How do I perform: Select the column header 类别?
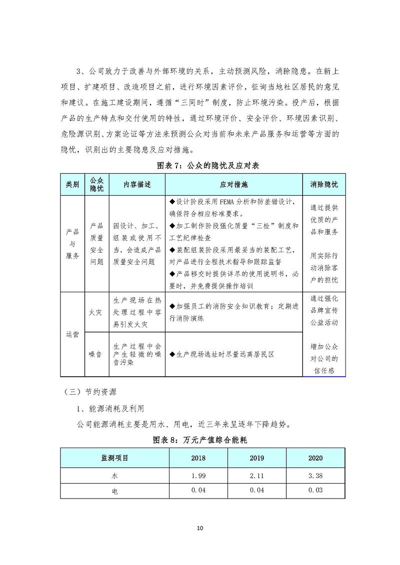(72, 184)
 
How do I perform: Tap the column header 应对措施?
(233, 184)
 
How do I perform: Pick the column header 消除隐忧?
(324, 184)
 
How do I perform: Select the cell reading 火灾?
(95, 312)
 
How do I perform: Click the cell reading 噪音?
(95, 354)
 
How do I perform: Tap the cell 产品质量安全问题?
(97, 244)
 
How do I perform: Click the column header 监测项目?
(115, 458)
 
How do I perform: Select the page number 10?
(200, 528)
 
